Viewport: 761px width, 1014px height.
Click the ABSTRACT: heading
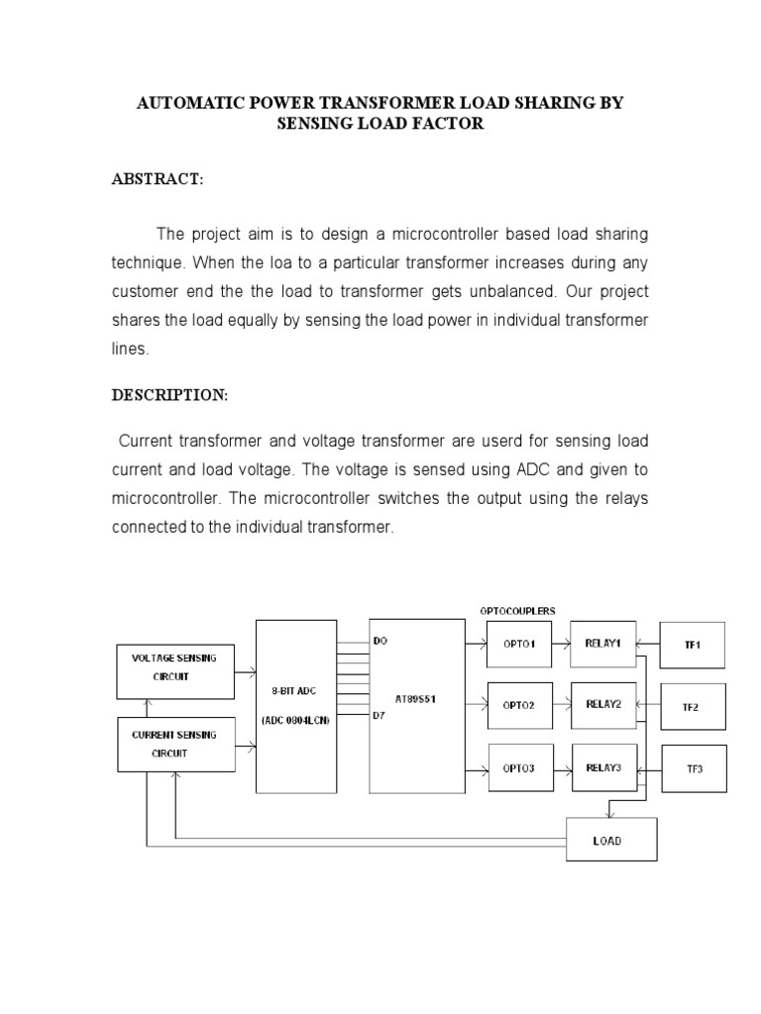click(x=157, y=179)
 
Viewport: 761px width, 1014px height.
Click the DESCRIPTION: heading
click(x=169, y=395)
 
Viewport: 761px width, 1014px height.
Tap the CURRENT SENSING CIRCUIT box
click(x=174, y=744)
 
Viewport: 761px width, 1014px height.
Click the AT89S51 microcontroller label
click(x=416, y=698)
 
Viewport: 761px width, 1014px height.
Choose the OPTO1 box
click(x=518, y=645)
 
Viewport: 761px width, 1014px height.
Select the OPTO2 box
click(x=518, y=705)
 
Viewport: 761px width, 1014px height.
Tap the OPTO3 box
click(x=518, y=768)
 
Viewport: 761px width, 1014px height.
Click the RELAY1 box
click(x=603, y=644)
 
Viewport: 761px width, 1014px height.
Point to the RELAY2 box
click(x=603, y=705)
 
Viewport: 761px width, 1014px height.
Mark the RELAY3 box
click(x=603, y=767)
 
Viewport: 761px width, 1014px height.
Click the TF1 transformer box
click(x=692, y=645)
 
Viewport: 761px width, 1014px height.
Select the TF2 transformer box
click(x=692, y=707)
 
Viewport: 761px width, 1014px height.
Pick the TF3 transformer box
click(x=693, y=769)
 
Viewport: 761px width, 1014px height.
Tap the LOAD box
click(x=608, y=841)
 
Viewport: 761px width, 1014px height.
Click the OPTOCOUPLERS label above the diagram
click(x=517, y=611)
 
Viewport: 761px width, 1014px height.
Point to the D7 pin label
click(x=380, y=715)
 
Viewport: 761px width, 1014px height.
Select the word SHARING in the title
click(x=555, y=103)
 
